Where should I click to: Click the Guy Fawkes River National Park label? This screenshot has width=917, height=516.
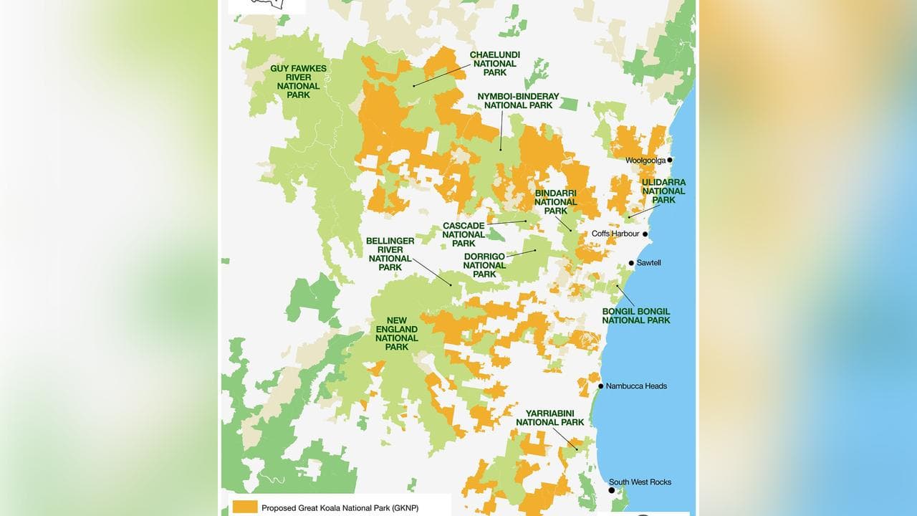[298, 82]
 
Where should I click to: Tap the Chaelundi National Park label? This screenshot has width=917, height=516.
[494, 63]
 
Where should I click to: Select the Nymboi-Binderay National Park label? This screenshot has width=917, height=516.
[518, 100]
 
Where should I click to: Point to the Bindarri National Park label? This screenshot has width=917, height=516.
[555, 202]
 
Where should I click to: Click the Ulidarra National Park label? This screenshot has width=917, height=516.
[663, 191]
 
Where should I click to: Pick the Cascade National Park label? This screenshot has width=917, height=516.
[464, 234]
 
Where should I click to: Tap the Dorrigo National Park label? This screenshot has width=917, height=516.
[484, 265]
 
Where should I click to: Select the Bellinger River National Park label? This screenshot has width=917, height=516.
[390, 254]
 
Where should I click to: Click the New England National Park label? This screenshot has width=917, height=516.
[396, 334]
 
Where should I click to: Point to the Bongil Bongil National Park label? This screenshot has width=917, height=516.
[636, 315]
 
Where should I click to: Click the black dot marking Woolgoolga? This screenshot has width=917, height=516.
[670, 161]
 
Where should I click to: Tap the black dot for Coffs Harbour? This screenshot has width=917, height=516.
[645, 234]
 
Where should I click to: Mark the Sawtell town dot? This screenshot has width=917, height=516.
[631, 263]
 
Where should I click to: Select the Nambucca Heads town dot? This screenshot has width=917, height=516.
[600, 386]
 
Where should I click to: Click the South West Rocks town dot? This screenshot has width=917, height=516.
[611, 491]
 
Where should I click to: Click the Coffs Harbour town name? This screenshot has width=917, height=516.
[615, 234]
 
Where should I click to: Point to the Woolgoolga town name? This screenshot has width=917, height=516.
[645, 161]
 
